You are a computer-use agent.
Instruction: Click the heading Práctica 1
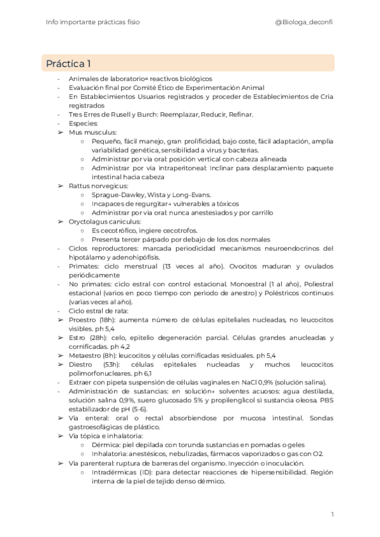(x=68, y=63)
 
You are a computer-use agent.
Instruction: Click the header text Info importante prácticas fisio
(x=93, y=22)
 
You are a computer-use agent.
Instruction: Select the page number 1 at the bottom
(x=332, y=514)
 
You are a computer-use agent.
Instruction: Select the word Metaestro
(x=86, y=356)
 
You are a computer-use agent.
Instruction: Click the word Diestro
(x=81, y=365)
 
